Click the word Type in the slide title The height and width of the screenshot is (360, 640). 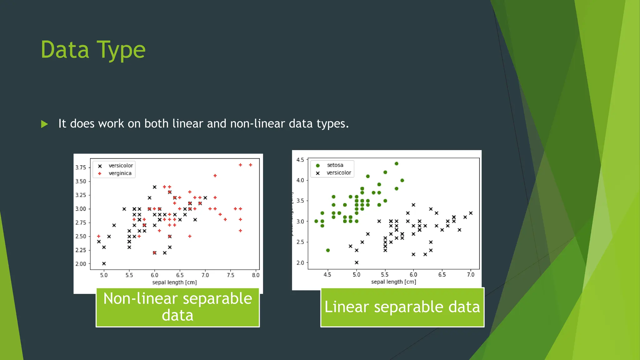pos(121,50)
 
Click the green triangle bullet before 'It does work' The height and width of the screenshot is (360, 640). pos(44,124)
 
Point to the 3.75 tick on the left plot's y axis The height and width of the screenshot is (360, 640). pos(81,167)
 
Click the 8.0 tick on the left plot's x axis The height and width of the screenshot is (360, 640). pos(255,275)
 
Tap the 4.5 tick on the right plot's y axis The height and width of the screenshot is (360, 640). pos(300,160)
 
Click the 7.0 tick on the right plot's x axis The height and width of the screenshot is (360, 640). pos(470,274)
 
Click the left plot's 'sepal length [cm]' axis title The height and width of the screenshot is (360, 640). pos(174,282)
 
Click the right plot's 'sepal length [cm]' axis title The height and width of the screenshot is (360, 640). pos(393,282)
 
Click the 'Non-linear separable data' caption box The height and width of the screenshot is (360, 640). pos(177,307)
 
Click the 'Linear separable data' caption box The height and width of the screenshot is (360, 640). pos(402,307)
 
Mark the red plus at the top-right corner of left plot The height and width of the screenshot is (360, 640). pos(250,165)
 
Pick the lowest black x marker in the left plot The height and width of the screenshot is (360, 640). pos(104,263)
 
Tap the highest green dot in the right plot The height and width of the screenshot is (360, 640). pos(397,163)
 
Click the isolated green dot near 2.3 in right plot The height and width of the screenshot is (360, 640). pos(328,250)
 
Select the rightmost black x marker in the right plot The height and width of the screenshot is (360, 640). pos(471,213)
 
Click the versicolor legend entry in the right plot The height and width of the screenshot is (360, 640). pos(338,173)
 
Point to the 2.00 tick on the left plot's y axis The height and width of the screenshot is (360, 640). pos(81,264)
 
